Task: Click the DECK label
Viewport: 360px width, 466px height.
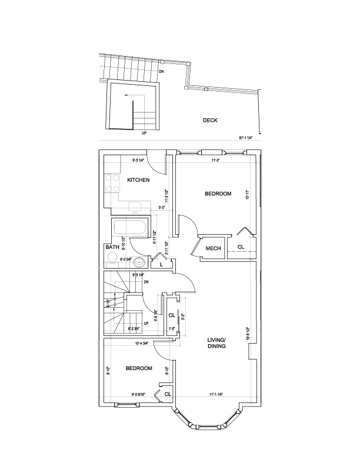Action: click(x=210, y=120)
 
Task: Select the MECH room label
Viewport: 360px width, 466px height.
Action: click(x=213, y=248)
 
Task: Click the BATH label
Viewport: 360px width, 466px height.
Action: click(x=112, y=248)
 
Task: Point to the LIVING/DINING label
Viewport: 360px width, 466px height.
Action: click(x=217, y=343)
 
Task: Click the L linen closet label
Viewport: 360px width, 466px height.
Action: click(x=161, y=265)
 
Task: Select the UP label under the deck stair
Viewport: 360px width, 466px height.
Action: click(x=144, y=133)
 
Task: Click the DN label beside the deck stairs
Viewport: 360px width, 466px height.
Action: click(x=162, y=72)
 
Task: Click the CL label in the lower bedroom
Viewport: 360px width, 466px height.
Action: click(x=167, y=394)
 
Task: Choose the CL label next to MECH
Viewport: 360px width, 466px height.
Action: click(x=241, y=247)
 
